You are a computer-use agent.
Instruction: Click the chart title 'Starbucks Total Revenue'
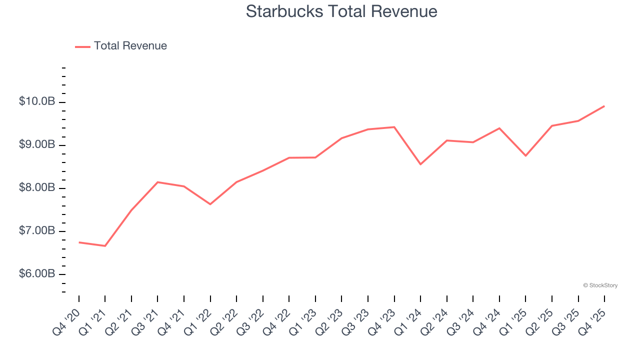pos(341,11)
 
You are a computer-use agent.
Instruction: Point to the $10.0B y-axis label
pos(37,102)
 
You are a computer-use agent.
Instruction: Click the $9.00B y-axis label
pos(37,145)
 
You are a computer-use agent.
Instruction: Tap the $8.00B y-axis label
pos(37,188)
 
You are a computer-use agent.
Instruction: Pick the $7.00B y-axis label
pos(37,231)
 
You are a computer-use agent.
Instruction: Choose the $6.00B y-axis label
pos(37,274)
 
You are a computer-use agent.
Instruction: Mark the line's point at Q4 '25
pos(604,106)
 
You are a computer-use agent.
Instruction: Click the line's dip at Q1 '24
pos(420,164)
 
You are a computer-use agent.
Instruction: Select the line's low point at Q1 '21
pos(105,246)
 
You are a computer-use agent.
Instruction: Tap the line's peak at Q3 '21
pos(157,182)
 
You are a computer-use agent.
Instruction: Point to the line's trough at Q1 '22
pos(210,204)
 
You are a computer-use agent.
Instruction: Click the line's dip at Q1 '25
pos(525,155)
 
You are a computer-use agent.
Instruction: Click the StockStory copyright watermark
pos(600,285)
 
